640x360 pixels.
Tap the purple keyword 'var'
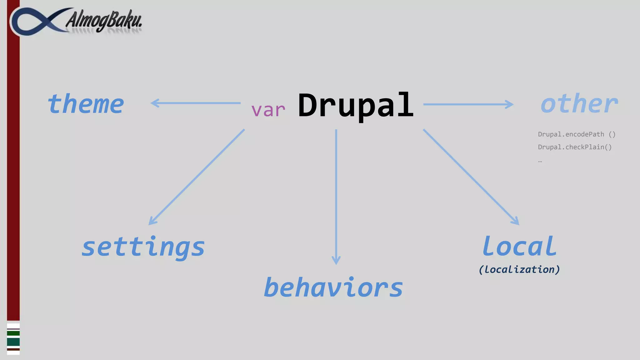click(x=268, y=110)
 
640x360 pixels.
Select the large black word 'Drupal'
click(x=356, y=106)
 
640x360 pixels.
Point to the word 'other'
click(x=579, y=104)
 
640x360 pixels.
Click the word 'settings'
click(x=143, y=247)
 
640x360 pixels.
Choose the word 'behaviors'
click(x=333, y=287)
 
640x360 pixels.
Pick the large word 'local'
click(x=519, y=246)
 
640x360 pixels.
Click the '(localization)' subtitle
click(x=519, y=269)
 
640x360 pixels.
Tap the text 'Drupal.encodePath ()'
click(x=577, y=134)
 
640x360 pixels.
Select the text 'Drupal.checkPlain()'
click(x=575, y=147)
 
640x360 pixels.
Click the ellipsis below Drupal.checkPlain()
click(x=540, y=161)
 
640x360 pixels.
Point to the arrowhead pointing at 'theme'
click(x=155, y=103)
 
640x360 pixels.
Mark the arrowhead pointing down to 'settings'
click(x=152, y=221)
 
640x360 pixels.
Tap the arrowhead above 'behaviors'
click(x=336, y=260)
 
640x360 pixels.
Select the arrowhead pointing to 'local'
click(x=515, y=221)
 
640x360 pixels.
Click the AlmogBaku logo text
click(x=104, y=20)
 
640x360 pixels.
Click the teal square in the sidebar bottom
click(x=13, y=342)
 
